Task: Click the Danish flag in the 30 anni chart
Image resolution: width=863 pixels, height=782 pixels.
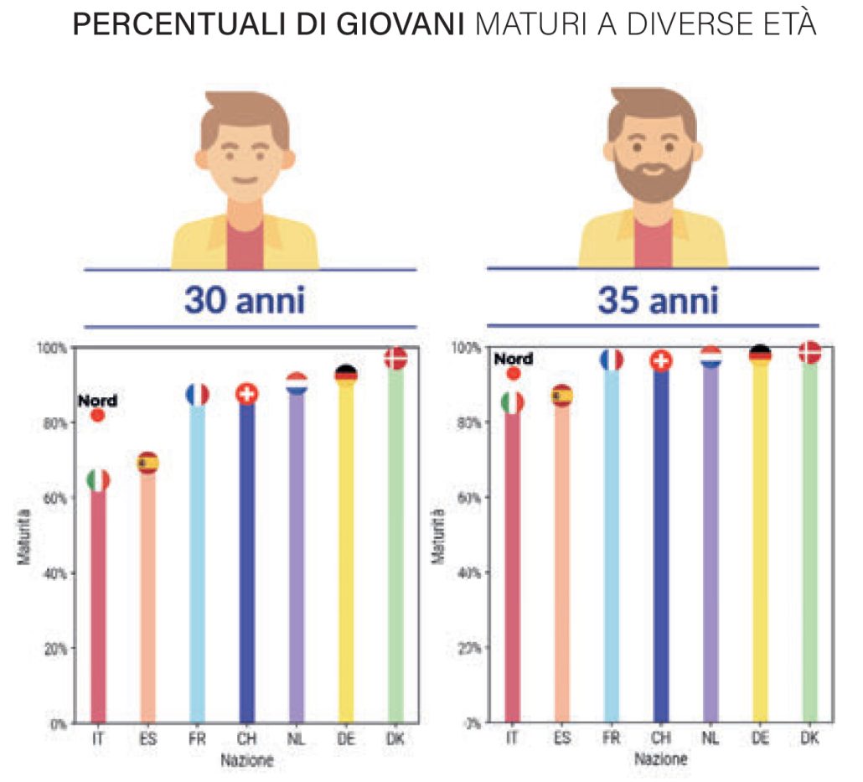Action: (395, 359)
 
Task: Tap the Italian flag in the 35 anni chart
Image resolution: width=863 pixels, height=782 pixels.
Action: (512, 402)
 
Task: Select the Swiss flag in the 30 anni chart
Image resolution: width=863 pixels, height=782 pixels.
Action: (246, 394)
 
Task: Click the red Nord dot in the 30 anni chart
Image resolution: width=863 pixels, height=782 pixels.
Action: (98, 415)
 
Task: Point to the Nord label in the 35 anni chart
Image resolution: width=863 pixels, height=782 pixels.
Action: (513, 359)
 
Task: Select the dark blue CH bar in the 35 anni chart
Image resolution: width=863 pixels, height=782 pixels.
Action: (660, 545)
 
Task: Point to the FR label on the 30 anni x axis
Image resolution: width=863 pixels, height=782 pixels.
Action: (197, 738)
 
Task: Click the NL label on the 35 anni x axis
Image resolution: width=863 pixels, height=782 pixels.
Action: (711, 738)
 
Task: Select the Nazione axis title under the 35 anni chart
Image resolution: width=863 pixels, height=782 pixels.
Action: (661, 759)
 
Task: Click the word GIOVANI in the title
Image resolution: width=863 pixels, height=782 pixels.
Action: (412, 26)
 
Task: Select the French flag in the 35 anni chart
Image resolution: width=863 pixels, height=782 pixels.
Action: (611, 360)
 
